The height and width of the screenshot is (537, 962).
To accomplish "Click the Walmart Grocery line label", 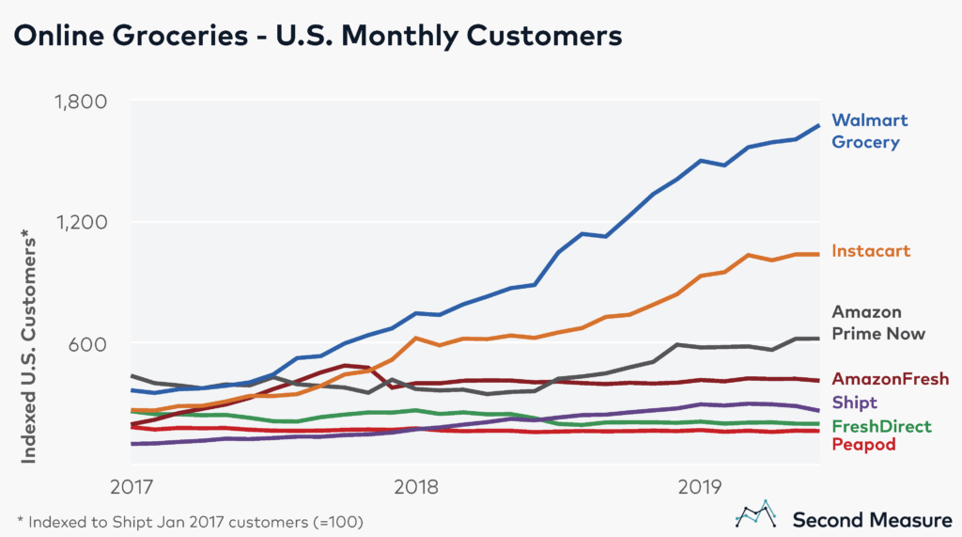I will click(870, 132).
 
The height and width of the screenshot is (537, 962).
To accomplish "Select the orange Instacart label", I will click(871, 251).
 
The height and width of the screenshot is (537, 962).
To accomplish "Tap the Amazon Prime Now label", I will click(878, 323).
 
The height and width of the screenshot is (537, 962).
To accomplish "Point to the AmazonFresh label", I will click(891, 378).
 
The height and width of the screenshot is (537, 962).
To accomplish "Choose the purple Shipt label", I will click(855, 403).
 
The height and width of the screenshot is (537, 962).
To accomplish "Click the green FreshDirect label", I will click(882, 426).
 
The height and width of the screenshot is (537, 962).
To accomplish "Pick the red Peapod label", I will click(863, 445).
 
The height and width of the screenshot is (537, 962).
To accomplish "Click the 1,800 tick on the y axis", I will click(83, 102).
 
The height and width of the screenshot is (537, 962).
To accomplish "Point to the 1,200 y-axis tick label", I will click(83, 223).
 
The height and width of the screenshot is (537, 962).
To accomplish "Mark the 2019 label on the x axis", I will click(698, 487).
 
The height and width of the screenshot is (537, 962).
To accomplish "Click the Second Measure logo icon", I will click(756, 515).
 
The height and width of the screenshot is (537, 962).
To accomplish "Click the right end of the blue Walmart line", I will click(818, 126).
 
